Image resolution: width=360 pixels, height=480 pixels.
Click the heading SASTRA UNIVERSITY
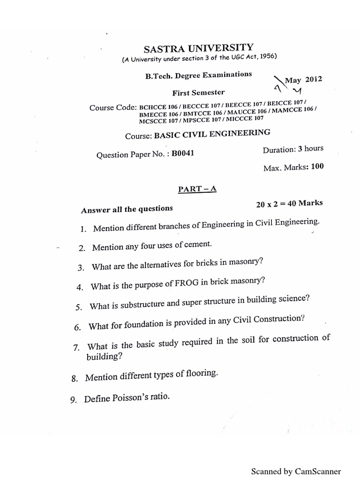click(x=198, y=48)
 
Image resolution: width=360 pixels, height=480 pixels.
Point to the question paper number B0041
click(x=182, y=153)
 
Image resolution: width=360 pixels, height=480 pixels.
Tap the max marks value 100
click(x=317, y=166)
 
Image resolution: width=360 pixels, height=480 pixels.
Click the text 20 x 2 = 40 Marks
click(x=289, y=204)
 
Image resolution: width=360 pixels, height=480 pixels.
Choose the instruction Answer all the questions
click(x=127, y=209)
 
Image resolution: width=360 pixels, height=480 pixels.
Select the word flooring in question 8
click(x=202, y=374)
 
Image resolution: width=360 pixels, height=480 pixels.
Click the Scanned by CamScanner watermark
click(x=296, y=471)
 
